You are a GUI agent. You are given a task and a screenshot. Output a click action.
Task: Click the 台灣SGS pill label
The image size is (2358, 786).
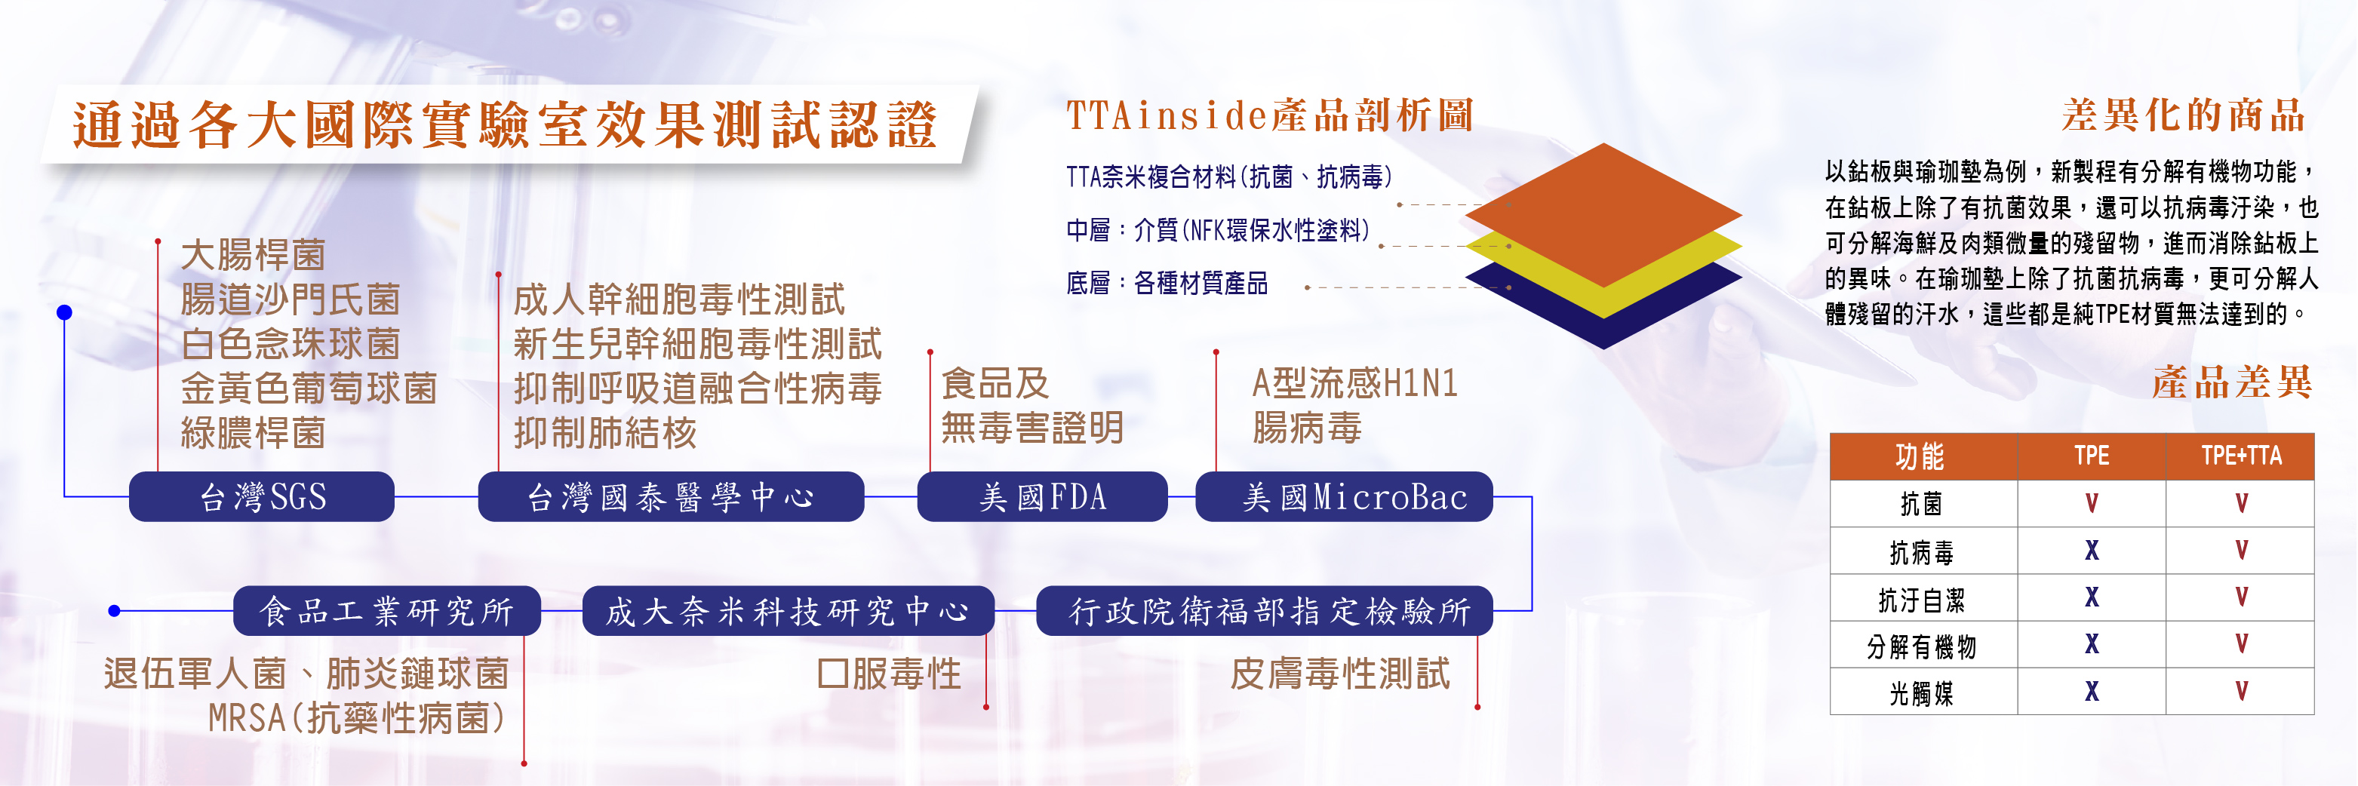pyautogui.click(x=262, y=497)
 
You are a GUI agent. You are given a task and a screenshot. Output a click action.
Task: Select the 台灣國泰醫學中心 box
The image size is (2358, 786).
pyautogui.click(x=671, y=497)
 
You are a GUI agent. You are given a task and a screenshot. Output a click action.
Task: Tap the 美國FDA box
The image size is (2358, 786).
pyautogui.click(x=1043, y=497)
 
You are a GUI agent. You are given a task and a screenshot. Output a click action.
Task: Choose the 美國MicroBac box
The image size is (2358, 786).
pyautogui.click(x=1344, y=497)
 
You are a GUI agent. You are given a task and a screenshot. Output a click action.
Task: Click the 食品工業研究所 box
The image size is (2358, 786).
pyautogui.click(x=387, y=610)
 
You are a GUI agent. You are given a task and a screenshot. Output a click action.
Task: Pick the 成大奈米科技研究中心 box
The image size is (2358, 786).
pyautogui.click(x=788, y=610)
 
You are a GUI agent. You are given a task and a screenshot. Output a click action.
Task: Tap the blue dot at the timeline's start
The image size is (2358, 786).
pyautogui.click(x=64, y=313)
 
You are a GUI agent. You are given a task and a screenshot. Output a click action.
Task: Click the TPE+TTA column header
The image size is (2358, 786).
pyautogui.click(x=2240, y=456)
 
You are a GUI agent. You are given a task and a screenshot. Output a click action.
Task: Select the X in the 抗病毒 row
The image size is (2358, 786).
pyautogui.click(x=2092, y=550)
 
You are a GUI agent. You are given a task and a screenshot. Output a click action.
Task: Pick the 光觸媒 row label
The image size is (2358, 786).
pyautogui.click(x=1921, y=692)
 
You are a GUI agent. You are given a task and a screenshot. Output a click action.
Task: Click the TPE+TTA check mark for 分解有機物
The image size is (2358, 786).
pyautogui.click(x=2241, y=643)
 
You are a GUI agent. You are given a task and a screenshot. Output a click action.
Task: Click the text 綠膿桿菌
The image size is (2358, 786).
pyautogui.click(x=254, y=433)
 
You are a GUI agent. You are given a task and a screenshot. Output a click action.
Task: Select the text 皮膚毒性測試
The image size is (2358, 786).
pyautogui.click(x=1340, y=674)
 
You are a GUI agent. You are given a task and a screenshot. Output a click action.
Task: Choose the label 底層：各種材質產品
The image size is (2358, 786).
pyautogui.click(x=1167, y=284)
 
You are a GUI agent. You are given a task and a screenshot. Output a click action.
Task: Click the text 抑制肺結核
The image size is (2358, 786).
pyautogui.click(x=605, y=433)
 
